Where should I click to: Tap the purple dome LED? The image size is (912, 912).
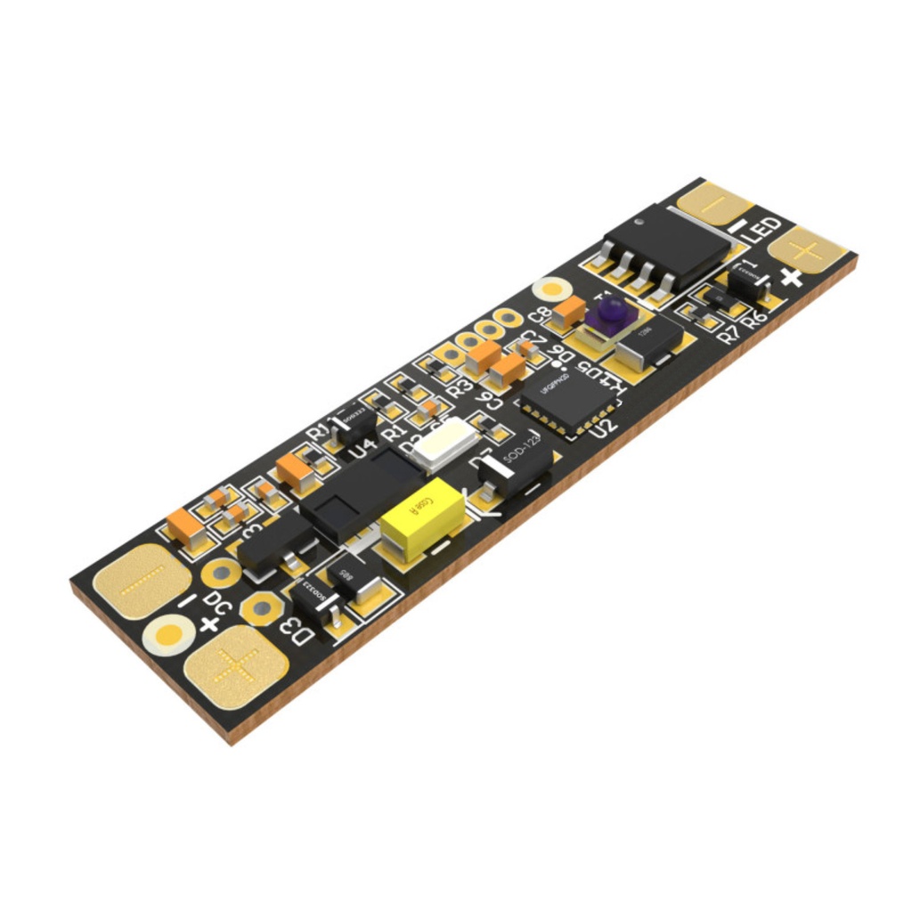coord(611,312)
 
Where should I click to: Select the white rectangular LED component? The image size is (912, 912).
coord(443,443)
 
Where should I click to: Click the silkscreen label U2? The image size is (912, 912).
coord(605,426)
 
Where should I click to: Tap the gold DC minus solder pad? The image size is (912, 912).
coord(142,582)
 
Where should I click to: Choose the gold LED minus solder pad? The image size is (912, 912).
coord(715,204)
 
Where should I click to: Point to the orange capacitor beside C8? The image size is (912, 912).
coord(568,311)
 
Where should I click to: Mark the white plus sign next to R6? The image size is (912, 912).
coord(791,278)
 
